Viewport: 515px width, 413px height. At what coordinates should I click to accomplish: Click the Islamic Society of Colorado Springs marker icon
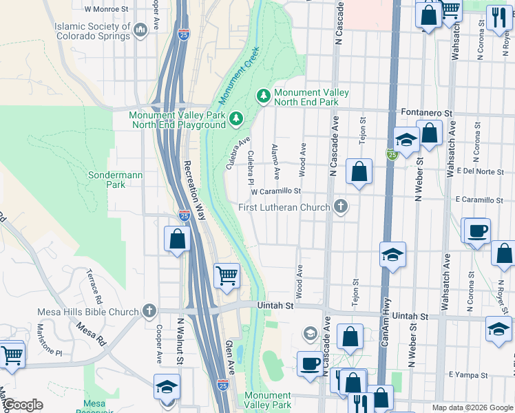[141, 30]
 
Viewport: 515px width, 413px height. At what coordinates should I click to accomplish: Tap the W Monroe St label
[106, 10]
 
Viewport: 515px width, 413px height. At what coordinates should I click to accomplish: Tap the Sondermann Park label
[116, 180]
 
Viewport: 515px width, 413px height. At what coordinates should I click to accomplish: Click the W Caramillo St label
[276, 192]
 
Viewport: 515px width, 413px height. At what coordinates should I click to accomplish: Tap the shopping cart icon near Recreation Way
[227, 276]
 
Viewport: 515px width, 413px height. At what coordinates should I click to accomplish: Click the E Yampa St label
[468, 375]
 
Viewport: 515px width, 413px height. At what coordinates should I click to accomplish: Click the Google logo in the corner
[23, 405]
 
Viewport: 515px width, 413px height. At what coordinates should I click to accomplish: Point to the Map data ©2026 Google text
[472, 407]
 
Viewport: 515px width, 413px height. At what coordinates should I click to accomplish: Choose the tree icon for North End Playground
[236, 120]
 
